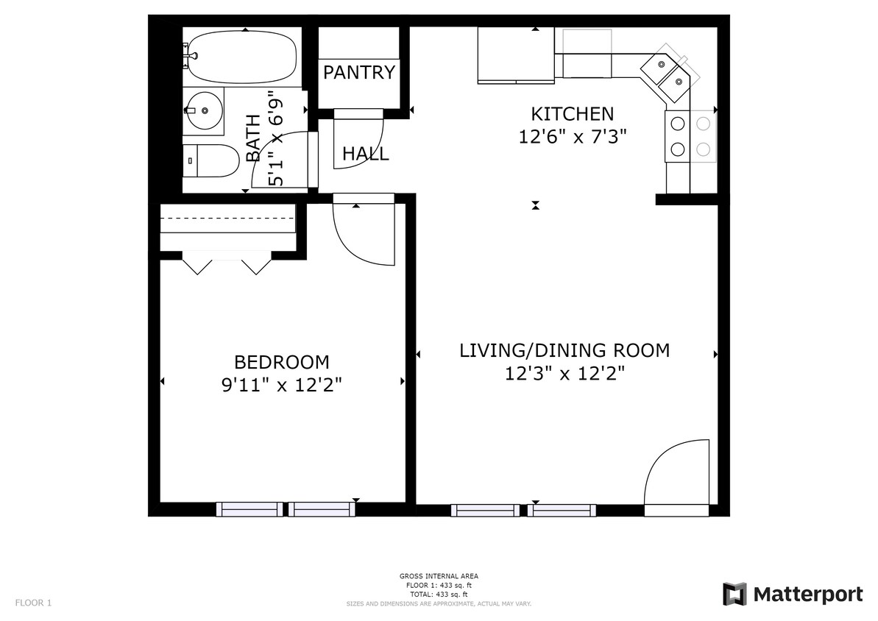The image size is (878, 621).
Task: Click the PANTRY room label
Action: tap(359, 73)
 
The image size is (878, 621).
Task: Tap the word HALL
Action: tap(366, 154)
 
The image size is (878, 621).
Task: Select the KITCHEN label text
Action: tap(572, 114)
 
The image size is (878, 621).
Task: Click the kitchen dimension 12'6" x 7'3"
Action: tap(572, 137)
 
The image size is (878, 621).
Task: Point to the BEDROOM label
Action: tap(281, 362)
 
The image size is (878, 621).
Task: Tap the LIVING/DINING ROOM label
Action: tap(564, 350)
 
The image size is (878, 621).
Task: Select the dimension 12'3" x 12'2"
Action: tap(564, 373)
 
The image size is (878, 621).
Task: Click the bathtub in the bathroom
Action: tap(241, 57)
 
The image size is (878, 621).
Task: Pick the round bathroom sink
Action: tap(203, 110)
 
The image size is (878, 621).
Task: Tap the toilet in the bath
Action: tap(211, 160)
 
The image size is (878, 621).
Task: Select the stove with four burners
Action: tap(690, 136)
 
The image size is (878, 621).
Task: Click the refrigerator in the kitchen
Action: tap(515, 54)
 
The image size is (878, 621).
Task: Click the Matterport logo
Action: tap(792, 594)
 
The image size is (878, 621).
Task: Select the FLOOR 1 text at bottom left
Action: tap(33, 603)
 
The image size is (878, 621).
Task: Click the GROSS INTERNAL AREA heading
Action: tap(439, 577)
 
